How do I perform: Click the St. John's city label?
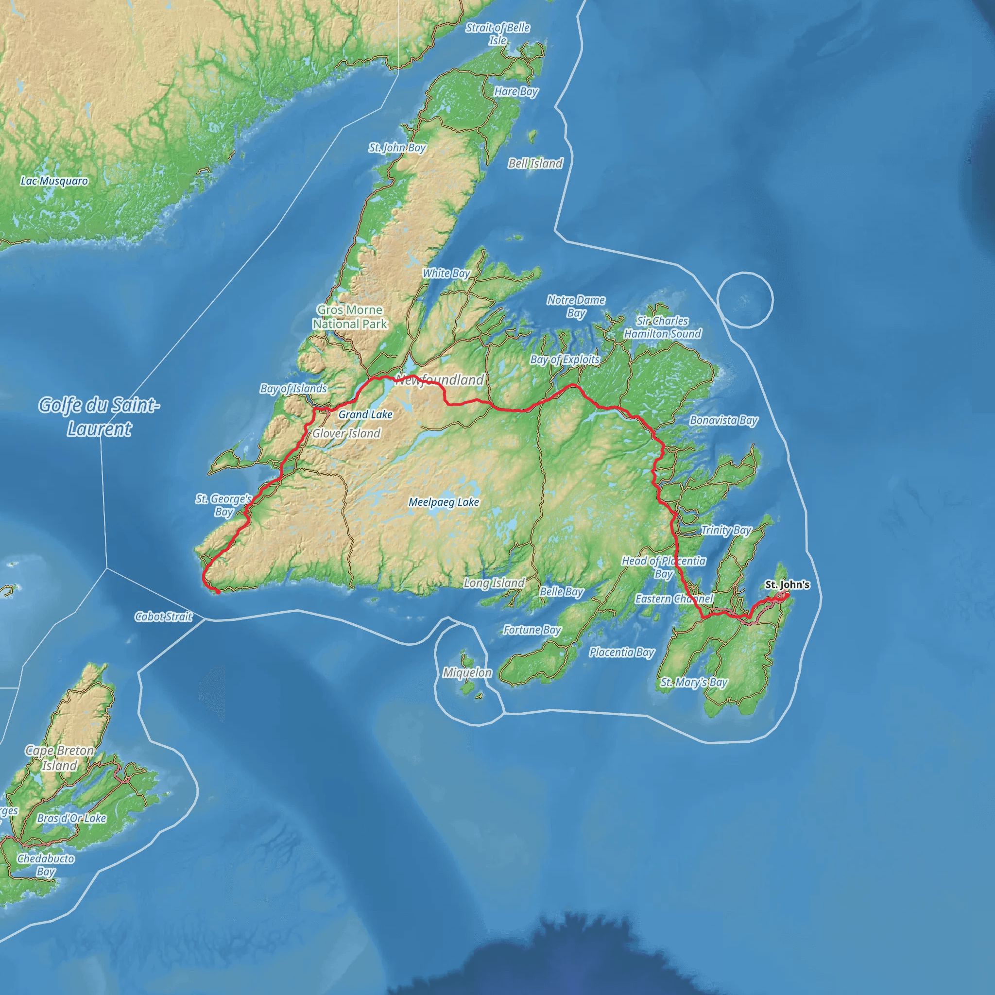[x=787, y=584]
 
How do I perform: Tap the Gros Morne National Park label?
[x=350, y=317]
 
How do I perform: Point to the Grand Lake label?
[x=365, y=414]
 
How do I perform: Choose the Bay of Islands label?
[x=293, y=388]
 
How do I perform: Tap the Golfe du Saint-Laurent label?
[x=100, y=417]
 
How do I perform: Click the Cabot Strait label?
[x=163, y=617]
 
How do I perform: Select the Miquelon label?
[x=467, y=672]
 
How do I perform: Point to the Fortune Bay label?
[x=532, y=630]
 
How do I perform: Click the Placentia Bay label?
[x=621, y=652]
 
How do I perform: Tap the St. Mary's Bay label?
[x=694, y=683]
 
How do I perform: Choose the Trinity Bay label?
[x=726, y=530]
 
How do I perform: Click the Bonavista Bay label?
[x=723, y=420]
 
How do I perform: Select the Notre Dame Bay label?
[x=576, y=307]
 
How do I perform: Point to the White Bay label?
[x=446, y=274]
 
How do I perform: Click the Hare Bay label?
[x=516, y=92]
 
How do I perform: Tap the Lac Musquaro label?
[x=54, y=181]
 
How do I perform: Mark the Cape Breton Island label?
[x=60, y=758]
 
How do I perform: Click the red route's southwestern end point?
[x=218, y=592]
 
